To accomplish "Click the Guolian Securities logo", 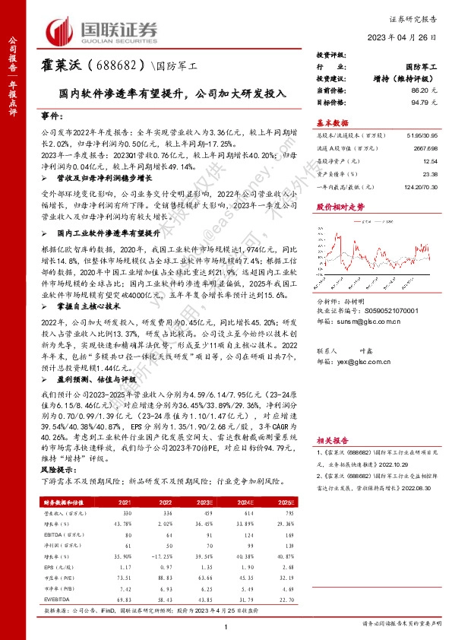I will tap(103, 30).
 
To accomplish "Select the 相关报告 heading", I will tap(332, 439).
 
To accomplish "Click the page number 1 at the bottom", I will tap(226, 625).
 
